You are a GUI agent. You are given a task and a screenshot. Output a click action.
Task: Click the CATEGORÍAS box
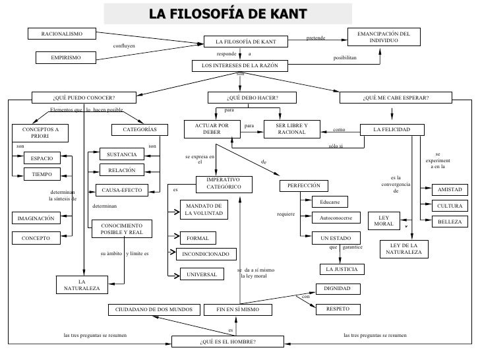pos(140,129)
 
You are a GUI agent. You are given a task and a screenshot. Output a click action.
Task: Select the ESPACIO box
pos(42,158)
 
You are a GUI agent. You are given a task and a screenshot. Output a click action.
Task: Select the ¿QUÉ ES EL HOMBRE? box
pos(227,342)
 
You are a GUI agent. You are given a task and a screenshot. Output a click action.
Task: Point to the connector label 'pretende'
pos(316,39)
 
